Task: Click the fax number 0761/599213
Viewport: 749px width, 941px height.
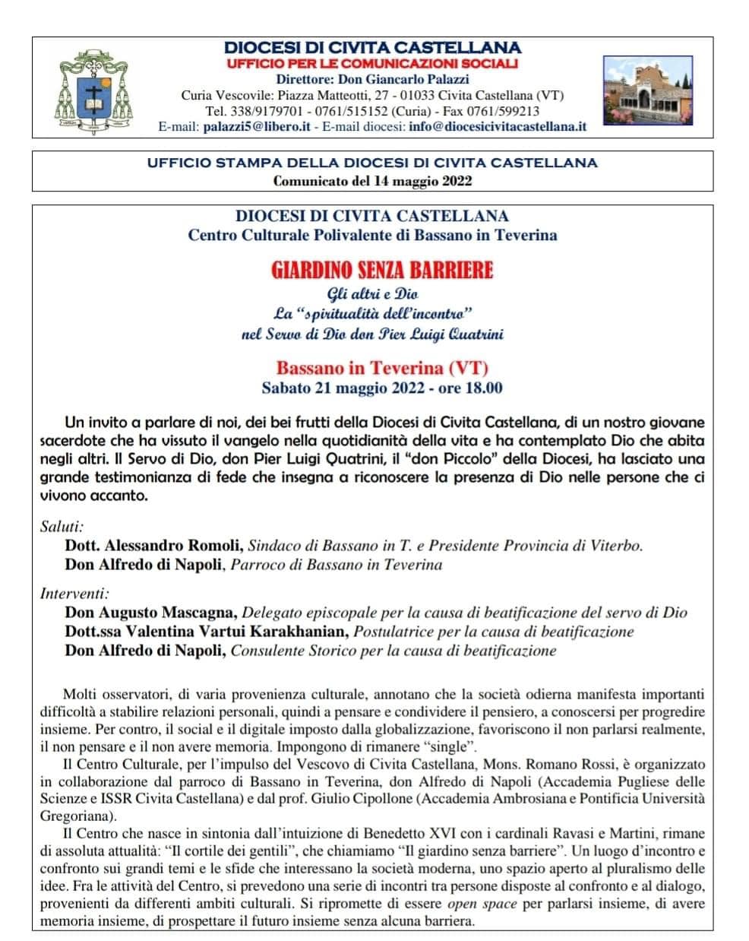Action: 508,111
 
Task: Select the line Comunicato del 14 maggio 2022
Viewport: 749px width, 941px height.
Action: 372,181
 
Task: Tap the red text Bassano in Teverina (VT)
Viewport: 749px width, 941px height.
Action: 382,369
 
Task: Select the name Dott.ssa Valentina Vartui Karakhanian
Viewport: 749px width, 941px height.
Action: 207,631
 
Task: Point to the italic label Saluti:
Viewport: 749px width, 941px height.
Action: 62,525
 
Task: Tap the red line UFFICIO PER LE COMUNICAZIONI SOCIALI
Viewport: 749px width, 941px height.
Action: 372,63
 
